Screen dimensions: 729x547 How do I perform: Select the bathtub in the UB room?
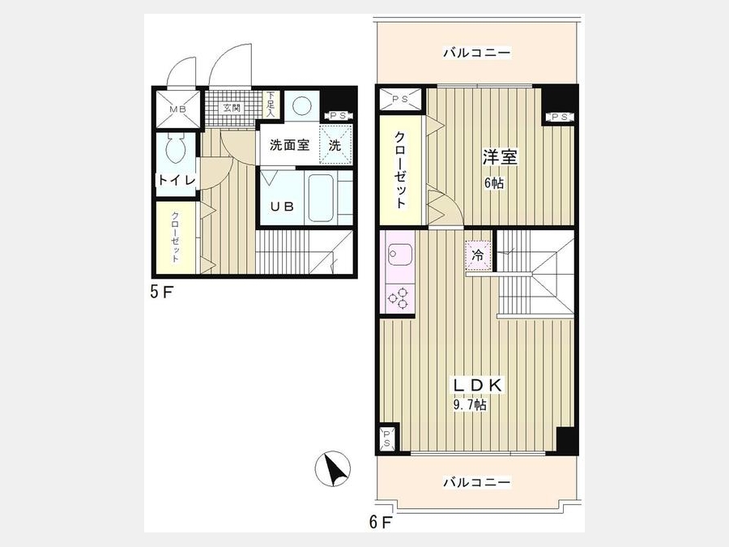click(x=320, y=199)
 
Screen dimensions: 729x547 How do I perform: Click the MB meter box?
click(x=178, y=109)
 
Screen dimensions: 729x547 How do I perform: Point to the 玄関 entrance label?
click(x=232, y=109)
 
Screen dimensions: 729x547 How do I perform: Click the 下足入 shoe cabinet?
click(x=271, y=105)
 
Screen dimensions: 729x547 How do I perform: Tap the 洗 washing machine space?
click(x=335, y=145)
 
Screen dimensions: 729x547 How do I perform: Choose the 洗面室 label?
click(x=290, y=145)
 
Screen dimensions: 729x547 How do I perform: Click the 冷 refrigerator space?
click(x=478, y=255)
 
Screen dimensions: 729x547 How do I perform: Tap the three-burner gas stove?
click(x=398, y=298)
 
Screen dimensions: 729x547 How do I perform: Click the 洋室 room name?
click(x=500, y=157)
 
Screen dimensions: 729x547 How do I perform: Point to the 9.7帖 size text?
click(x=470, y=404)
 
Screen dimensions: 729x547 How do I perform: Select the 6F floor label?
click(x=381, y=523)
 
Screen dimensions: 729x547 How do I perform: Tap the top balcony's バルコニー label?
click(x=476, y=53)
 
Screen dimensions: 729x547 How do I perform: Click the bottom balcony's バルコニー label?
click(x=476, y=482)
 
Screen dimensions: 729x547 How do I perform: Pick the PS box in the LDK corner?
click(x=387, y=438)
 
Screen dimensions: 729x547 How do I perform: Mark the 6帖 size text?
click(x=494, y=183)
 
